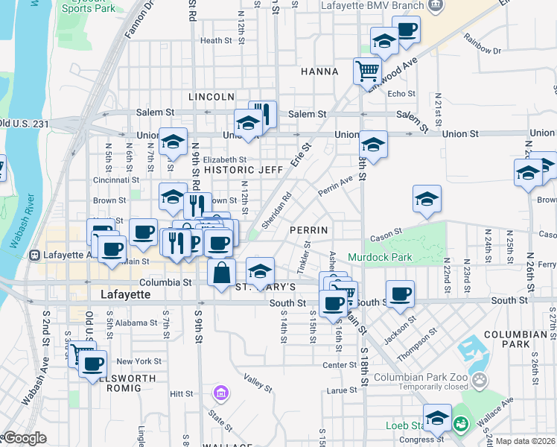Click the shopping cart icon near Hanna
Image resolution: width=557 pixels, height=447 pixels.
pos(367,71)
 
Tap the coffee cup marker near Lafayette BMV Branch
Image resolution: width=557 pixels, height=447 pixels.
pos(406,31)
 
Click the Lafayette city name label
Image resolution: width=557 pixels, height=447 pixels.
pos(125,295)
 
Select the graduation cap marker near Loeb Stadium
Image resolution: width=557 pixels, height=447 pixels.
pos(437,418)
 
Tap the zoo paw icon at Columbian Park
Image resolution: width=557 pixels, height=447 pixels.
pos(482,381)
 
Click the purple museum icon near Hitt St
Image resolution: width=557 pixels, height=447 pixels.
pos(220,393)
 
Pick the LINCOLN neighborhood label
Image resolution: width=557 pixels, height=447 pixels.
pos(211,97)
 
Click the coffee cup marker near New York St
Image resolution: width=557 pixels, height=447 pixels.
pos(93,364)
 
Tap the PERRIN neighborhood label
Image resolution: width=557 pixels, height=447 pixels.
pos(309,230)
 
